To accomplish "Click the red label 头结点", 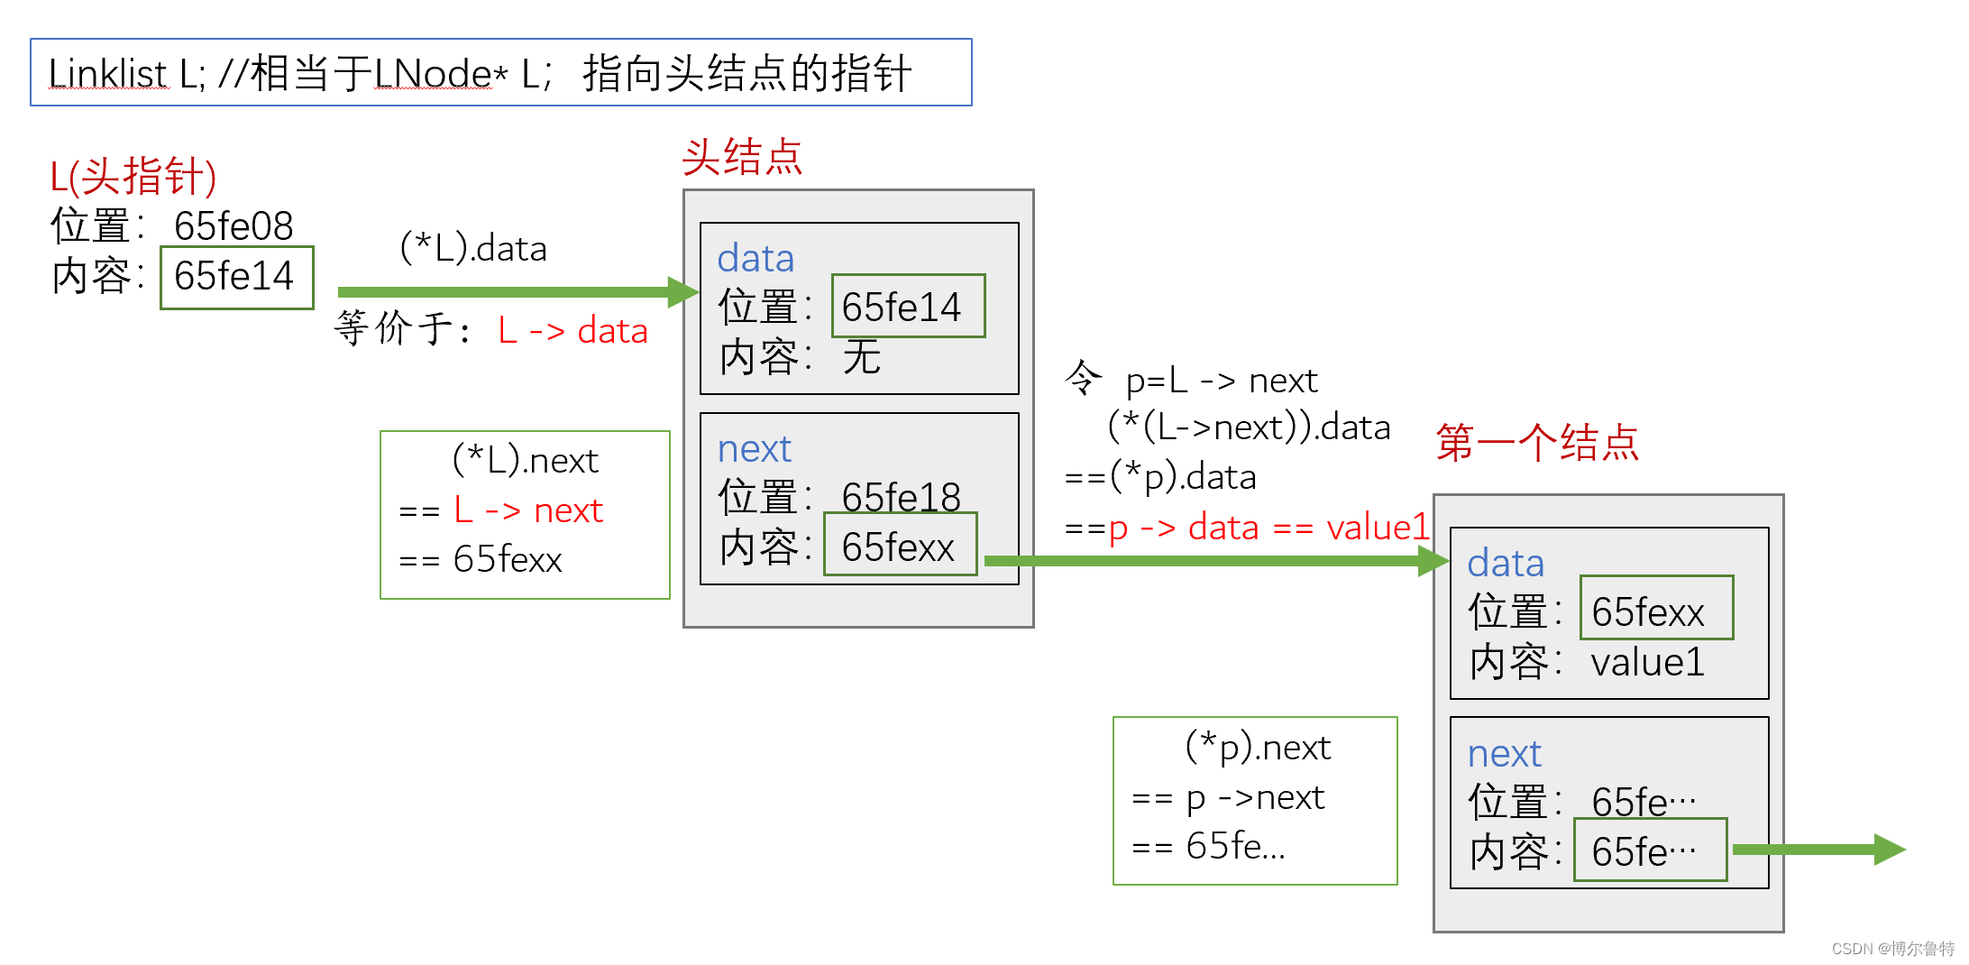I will coord(742,158).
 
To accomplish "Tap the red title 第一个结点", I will coord(1537,443).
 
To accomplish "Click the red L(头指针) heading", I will coord(133,176).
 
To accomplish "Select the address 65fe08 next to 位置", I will coord(234,225).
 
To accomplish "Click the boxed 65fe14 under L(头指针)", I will coord(234,276).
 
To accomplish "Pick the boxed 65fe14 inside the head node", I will coord(902,307).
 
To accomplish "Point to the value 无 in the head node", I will coord(861,357).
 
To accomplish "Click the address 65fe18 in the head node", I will coord(901,496).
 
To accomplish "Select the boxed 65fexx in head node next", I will coord(898,547).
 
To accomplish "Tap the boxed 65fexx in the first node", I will coord(1648,612).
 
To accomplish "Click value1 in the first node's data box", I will coord(1648,662).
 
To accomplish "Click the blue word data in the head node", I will coord(756,259).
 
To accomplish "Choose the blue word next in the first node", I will coord(1504,754).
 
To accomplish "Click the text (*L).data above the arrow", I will coord(473,248).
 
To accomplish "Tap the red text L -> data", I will coord(572,331).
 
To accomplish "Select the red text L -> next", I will coord(528,510).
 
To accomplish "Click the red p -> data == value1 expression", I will coord(1269,528).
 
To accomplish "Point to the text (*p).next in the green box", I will coord(1258,748).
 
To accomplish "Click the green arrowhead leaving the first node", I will coord(1889,849).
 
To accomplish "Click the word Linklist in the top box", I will coord(107,74).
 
